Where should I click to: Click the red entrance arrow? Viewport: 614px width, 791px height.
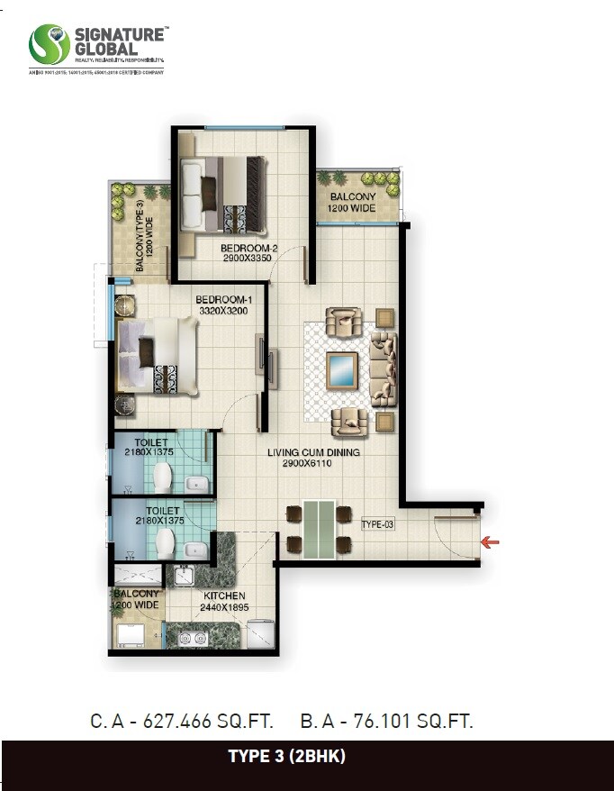[x=491, y=541]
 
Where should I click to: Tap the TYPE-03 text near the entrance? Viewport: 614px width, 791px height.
[x=378, y=523]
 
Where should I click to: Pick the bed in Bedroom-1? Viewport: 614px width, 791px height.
[x=157, y=357]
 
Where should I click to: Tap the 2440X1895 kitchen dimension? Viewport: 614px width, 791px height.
[x=224, y=608]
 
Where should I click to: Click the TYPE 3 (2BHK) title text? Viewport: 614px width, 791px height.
[x=307, y=757]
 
